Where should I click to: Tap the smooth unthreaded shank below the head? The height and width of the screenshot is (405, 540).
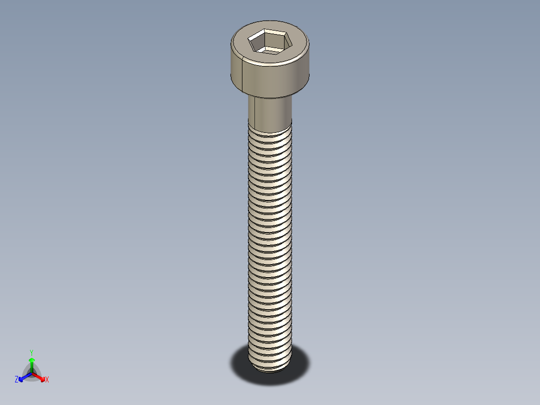[x=273, y=113]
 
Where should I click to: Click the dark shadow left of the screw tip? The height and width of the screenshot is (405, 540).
[x=240, y=363]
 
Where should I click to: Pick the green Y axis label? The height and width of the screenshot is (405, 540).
[x=31, y=352]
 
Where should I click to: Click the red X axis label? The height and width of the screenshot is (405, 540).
[x=47, y=380]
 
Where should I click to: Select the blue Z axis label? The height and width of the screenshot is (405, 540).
[x=17, y=379]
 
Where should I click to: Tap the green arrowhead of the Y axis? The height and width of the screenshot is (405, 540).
[x=31, y=360]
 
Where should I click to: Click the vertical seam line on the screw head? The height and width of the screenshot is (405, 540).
[x=243, y=75]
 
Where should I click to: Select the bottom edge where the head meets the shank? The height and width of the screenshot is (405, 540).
[x=270, y=97]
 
